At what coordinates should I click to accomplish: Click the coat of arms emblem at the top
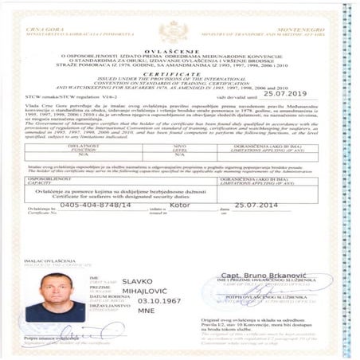pos(172,31)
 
